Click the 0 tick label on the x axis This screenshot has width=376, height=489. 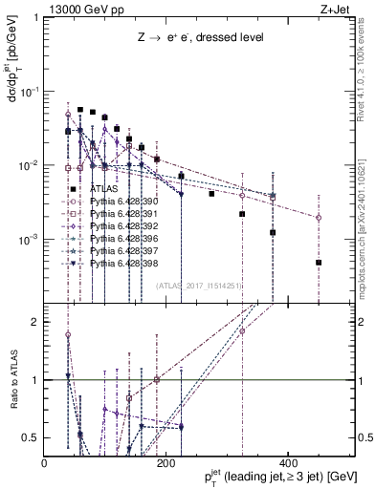45,463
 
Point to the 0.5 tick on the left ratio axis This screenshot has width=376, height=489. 32,437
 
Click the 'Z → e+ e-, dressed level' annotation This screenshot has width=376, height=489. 198,36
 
